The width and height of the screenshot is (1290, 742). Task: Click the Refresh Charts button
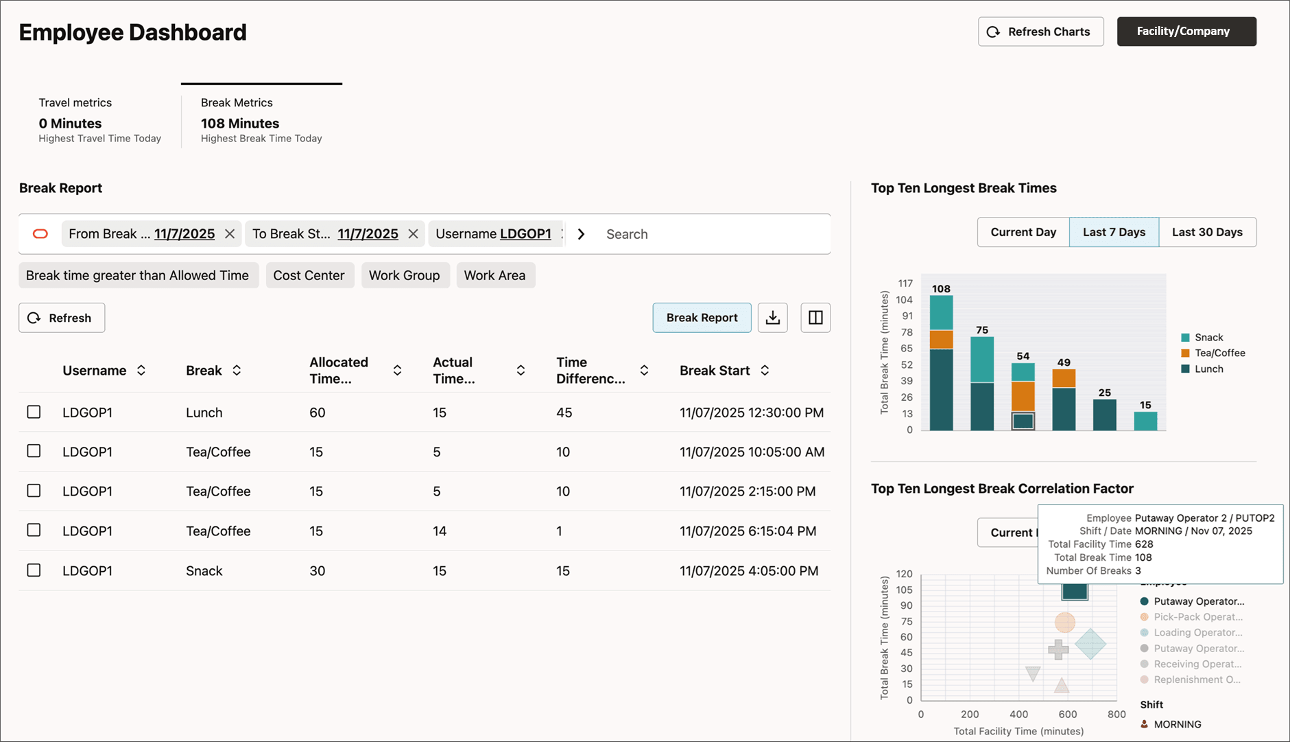tap(1040, 32)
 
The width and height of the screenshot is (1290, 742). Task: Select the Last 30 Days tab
tap(1207, 232)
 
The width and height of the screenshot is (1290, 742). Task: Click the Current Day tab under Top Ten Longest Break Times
tap(1023, 232)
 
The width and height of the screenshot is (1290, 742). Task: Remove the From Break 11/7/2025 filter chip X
tap(230, 234)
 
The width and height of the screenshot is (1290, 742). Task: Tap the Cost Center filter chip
tap(309, 275)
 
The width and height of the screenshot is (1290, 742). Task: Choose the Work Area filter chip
tap(494, 275)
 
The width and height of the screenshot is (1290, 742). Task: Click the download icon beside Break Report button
tap(772, 318)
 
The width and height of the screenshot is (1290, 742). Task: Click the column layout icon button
tap(815, 318)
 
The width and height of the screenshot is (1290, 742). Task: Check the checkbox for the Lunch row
tap(34, 412)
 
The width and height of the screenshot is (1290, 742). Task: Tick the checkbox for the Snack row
tap(34, 570)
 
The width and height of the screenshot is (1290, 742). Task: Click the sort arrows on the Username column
tap(141, 371)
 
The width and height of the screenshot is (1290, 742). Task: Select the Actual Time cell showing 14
tap(440, 531)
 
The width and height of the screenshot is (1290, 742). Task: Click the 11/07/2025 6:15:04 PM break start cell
tap(748, 531)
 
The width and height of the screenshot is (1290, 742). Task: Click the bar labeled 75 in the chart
tap(982, 383)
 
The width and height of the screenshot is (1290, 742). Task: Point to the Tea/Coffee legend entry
tap(1219, 353)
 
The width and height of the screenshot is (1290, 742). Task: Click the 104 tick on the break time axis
tap(904, 300)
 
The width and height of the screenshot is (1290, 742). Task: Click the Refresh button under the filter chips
tap(62, 318)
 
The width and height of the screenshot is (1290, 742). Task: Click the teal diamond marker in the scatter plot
tap(1090, 645)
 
